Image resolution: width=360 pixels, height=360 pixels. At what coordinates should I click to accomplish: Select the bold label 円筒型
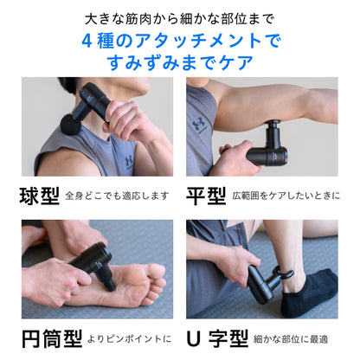click(48, 335)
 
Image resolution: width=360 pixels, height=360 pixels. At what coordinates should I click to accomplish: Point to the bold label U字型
click(216, 335)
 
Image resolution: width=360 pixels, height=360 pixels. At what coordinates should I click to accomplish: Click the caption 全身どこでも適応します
click(117, 196)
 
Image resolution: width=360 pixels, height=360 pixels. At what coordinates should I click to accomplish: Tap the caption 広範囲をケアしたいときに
click(286, 196)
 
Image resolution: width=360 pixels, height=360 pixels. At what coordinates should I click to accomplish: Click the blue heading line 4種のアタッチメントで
click(180, 41)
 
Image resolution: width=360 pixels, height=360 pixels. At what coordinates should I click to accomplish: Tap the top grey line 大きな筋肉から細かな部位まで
click(180, 18)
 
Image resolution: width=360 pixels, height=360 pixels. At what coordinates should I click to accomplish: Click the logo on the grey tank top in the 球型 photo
click(127, 159)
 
